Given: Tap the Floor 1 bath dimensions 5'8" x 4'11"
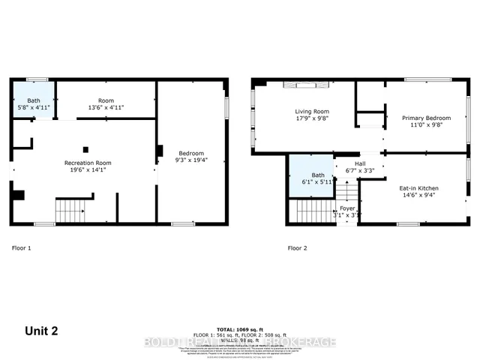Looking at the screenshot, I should pos(34,107).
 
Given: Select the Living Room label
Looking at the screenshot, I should pos(311,112).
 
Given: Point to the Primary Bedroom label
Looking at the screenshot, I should pos(427,118).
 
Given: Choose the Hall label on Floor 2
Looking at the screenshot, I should pos(360,163).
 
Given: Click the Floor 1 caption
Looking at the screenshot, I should pos(22,247).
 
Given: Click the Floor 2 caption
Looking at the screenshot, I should pos(298,247).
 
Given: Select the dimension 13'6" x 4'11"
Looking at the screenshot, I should pos(106,108).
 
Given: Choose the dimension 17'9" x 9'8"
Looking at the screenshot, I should pos(311,118).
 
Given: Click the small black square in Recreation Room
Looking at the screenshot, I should pos(86,148).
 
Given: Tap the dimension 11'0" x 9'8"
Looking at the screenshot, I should pos(427,125).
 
